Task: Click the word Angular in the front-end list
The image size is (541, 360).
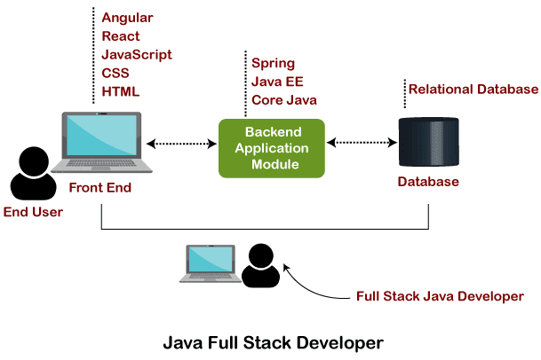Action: click(x=127, y=18)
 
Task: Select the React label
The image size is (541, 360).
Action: click(x=121, y=36)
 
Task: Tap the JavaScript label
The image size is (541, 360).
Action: click(x=135, y=54)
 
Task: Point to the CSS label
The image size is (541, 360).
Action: click(x=115, y=73)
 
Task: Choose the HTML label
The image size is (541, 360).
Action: click(x=121, y=90)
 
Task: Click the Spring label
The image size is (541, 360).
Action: click(x=273, y=64)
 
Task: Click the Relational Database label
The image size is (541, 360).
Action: click(x=473, y=90)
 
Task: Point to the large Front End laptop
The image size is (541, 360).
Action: click(x=101, y=142)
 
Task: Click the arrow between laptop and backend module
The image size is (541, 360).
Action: click(x=185, y=142)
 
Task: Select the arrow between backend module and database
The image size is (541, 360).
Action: click(x=362, y=141)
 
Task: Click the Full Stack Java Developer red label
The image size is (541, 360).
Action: click(x=440, y=297)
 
